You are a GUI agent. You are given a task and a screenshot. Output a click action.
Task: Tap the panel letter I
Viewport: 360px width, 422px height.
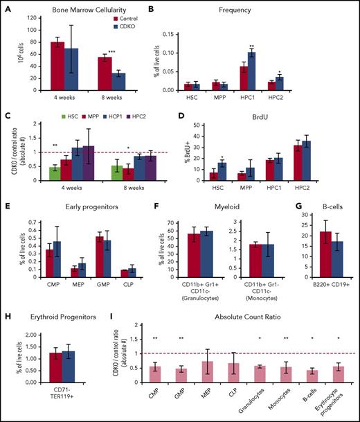pyautogui.click(x=111, y=313)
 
